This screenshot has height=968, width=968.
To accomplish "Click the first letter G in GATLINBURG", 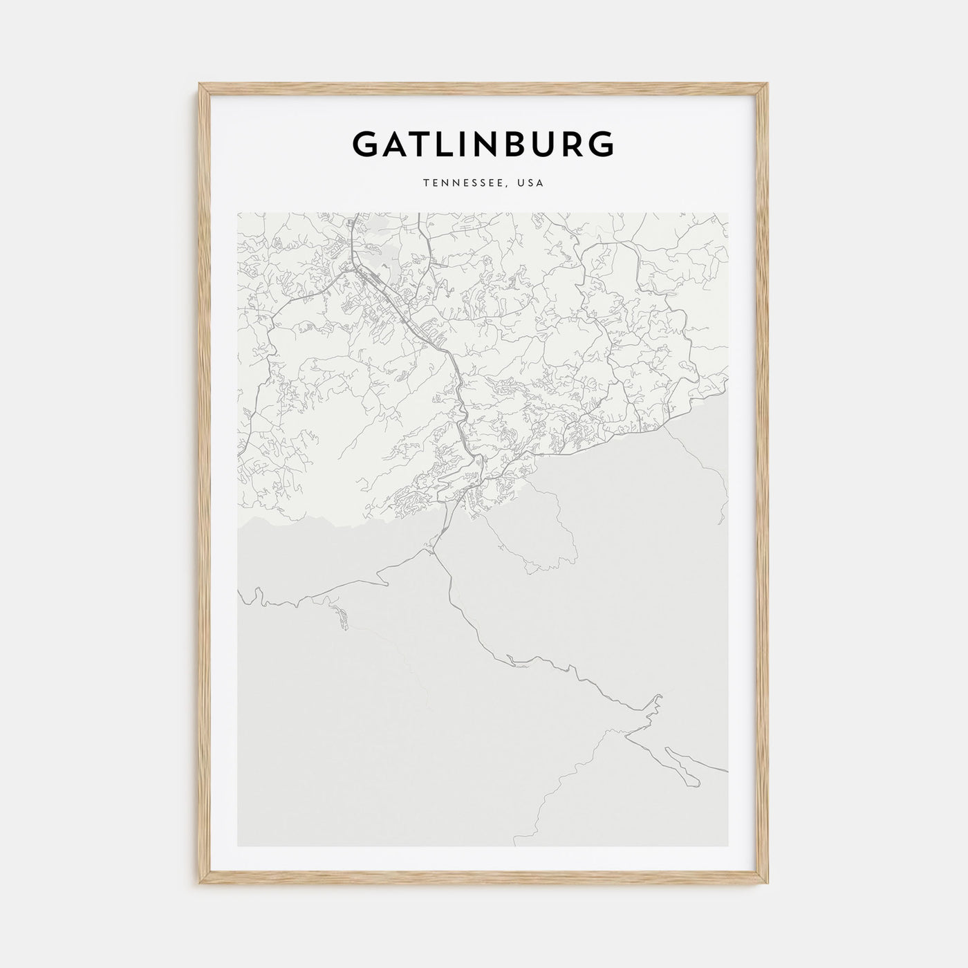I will (x=366, y=145).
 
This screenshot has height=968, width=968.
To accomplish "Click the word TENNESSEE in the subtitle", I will (x=454, y=184).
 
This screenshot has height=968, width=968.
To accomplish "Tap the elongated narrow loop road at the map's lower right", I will (x=681, y=763).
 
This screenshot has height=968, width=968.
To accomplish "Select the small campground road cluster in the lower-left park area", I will (x=340, y=616).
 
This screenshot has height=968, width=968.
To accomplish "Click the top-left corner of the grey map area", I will (x=238, y=213).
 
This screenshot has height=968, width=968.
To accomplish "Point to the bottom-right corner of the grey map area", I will (x=729, y=846).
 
